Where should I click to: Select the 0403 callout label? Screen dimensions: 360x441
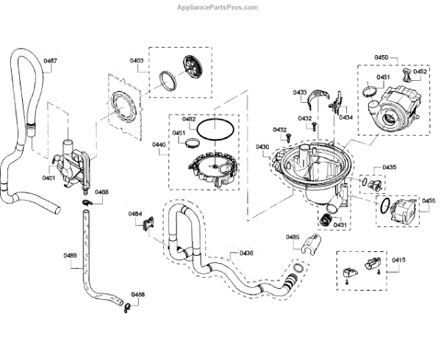click(x=138, y=60)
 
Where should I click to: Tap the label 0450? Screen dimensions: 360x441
click(x=381, y=57)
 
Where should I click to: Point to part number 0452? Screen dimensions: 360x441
click(x=420, y=72)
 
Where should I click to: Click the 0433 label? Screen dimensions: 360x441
click(x=300, y=93)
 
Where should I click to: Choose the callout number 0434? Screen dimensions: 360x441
click(x=345, y=118)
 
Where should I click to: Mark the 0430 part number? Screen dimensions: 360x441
click(x=263, y=148)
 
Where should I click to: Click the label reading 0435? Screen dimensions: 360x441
click(x=390, y=168)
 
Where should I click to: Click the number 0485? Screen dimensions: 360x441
click(x=293, y=237)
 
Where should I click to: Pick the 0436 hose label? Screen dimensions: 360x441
click(x=246, y=253)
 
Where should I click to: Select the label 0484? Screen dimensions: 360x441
click(x=135, y=214)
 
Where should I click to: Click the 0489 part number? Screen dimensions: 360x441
click(x=70, y=256)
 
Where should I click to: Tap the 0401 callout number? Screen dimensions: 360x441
click(x=49, y=178)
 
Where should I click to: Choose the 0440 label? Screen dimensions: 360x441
click(x=159, y=145)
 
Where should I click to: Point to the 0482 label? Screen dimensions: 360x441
click(x=189, y=118)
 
